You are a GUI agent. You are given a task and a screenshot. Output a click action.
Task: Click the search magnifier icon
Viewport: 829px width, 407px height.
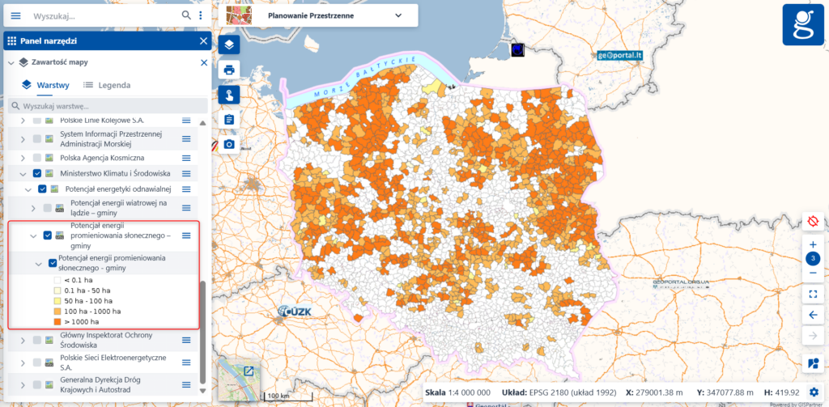pos(186,15)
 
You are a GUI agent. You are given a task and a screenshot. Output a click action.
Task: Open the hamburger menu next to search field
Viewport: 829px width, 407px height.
pos(15,15)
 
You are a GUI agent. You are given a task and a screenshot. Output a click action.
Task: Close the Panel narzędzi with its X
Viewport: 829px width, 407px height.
pos(203,40)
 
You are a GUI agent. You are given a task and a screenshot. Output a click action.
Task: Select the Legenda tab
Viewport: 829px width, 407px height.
pos(107,85)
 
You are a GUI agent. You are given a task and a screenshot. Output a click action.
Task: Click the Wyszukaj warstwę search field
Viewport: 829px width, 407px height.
pos(105,106)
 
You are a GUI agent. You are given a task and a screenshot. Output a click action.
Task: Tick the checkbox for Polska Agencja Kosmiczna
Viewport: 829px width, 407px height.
pos(37,157)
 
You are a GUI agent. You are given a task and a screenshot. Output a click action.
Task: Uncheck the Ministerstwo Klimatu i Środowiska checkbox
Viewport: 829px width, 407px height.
pos(37,173)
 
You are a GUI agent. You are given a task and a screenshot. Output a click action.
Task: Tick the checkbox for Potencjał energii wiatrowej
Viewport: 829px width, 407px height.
pos(48,209)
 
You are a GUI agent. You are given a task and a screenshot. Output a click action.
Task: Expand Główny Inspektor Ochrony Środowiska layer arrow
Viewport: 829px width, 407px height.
pos(22,341)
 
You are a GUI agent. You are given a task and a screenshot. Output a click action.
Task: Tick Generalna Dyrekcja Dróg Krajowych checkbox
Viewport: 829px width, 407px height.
pos(37,384)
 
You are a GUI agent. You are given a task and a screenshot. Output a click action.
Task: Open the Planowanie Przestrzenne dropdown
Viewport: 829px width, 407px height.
pos(397,15)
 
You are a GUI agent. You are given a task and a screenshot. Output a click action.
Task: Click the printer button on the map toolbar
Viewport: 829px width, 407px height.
pos(229,70)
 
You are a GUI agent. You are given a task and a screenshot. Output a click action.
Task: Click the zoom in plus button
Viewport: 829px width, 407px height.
pos(813,244)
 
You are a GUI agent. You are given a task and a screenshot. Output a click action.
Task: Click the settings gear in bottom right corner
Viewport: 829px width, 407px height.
pos(813,392)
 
